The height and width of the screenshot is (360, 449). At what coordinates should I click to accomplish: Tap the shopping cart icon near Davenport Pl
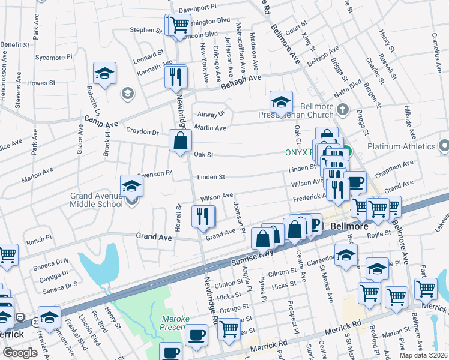click(x=178, y=25)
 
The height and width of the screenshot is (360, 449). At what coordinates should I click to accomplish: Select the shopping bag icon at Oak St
click(x=180, y=141)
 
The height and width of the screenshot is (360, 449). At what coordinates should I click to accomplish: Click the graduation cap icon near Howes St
click(x=104, y=74)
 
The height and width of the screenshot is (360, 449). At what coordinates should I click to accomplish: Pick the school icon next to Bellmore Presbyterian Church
click(x=280, y=102)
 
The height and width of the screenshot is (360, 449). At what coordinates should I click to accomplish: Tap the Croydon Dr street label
click(x=142, y=131)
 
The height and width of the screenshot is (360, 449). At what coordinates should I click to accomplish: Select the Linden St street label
click(x=212, y=177)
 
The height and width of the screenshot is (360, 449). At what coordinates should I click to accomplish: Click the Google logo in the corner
click(x=20, y=353)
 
